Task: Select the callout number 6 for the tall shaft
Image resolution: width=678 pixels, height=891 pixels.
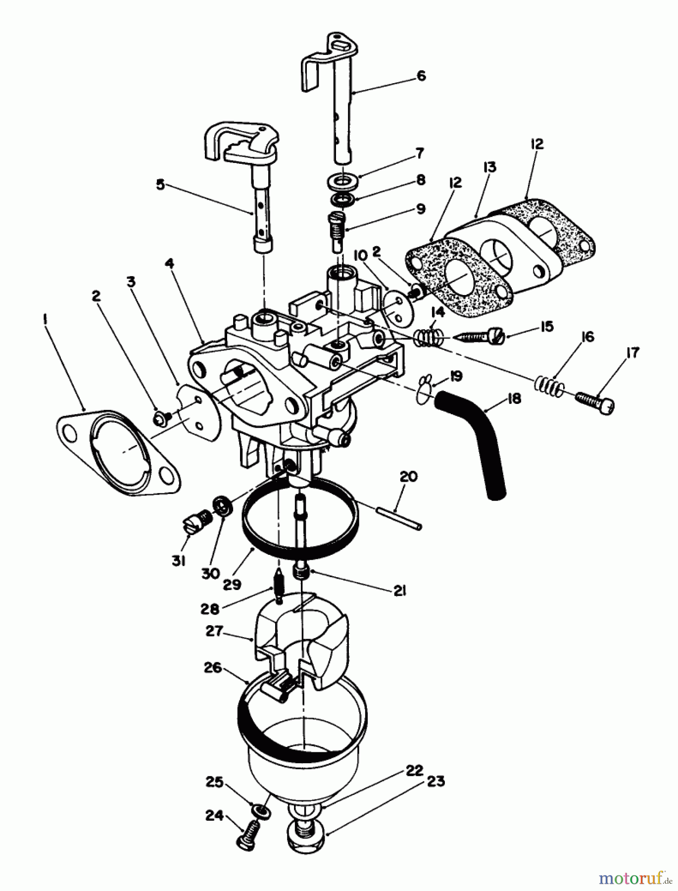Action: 421,76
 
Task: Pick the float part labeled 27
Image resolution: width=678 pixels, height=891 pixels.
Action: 302,643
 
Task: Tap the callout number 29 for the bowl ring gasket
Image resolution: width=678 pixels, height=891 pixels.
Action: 232,585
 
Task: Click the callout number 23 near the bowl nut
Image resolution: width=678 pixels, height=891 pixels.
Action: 434,782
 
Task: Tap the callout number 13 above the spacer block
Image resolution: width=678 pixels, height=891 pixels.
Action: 489,167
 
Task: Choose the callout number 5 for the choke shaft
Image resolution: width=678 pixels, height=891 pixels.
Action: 160,185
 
